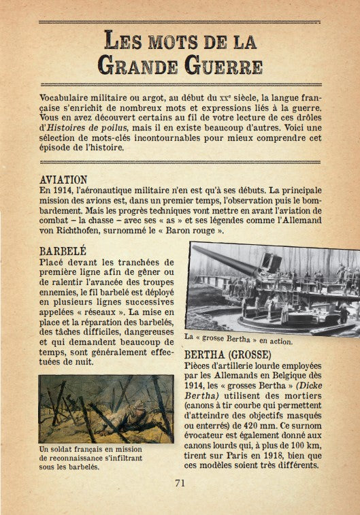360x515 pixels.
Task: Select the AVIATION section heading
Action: coord(64,180)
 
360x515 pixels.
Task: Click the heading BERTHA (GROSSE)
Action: coord(227,355)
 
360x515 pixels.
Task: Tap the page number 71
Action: coord(180,483)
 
